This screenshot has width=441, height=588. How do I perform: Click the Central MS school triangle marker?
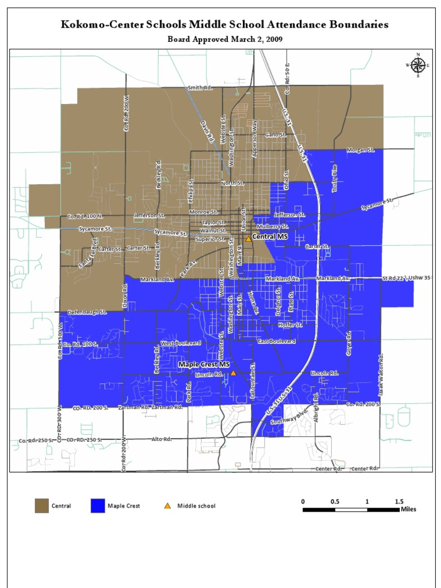pyautogui.click(x=248, y=238)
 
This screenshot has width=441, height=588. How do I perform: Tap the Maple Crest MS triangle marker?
pyautogui.click(x=233, y=373)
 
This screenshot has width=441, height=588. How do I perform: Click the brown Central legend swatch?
pyautogui.click(x=41, y=506)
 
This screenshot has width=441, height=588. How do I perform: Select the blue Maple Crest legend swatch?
pyautogui.click(x=98, y=506)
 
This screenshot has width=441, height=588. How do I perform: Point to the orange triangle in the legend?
pyautogui.click(x=167, y=506)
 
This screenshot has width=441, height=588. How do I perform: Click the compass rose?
pyautogui.click(x=418, y=65)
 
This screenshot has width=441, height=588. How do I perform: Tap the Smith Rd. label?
pyautogui.click(x=200, y=88)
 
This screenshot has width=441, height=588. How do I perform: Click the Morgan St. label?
pyautogui.click(x=360, y=150)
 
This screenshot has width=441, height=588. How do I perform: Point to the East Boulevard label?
pyautogui.click(x=276, y=341)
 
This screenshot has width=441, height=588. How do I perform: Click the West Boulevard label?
pyautogui.click(x=180, y=343)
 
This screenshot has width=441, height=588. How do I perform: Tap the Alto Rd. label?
pyautogui.click(x=161, y=439)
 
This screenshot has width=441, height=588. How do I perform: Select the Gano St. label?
pyautogui.click(x=275, y=135)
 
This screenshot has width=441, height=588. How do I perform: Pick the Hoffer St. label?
pyautogui.click(x=290, y=324)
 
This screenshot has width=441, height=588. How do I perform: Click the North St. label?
pyautogui.click(x=233, y=183)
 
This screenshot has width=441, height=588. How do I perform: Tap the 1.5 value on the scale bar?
pyautogui.click(x=399, y=501)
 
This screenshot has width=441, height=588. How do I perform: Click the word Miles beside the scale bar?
pyautogui.click(x=409, y=509)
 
